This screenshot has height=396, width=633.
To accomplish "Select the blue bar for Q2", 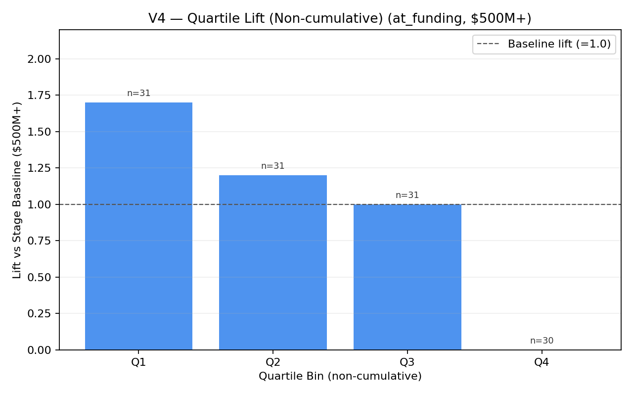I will (x=273, y=262).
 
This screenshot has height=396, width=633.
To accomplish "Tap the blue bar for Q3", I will (x=407, y=277).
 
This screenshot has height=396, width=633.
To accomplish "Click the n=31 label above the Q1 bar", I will (x=139, y=93).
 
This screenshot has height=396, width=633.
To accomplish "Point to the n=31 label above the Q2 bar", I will (x=273, y=166).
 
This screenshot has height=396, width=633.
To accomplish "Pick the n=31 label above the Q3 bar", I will (x=407, y=195).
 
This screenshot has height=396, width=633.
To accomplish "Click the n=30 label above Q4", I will (x=542, y=341).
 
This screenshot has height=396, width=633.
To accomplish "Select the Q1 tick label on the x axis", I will (x=138, y=362).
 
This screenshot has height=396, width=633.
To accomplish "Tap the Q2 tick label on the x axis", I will (x=273, y=362).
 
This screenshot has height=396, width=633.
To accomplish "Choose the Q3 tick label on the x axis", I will (x=407, y=362).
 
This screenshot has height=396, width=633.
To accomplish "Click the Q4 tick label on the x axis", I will (x=542, y=362).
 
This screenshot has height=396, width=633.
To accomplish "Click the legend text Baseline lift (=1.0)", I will (x=559, y=44).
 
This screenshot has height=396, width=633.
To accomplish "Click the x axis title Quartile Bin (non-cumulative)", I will (x=340, y=376).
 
